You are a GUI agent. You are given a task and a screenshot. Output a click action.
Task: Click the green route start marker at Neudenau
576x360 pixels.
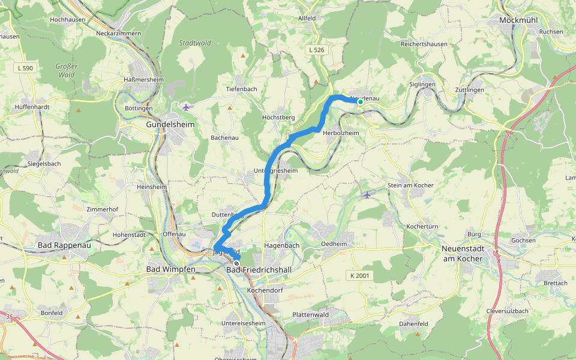coord(361,102)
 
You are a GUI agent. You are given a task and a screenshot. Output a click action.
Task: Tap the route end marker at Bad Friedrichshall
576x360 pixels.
coord(237,263)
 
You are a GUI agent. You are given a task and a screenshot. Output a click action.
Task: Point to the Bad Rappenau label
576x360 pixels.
coord(62,245)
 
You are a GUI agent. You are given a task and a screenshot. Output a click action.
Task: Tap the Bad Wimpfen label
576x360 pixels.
coord(171,270)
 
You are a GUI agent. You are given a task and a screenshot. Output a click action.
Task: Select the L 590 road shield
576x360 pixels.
coord(26,68)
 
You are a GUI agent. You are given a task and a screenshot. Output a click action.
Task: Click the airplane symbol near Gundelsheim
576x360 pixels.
coord(187,107)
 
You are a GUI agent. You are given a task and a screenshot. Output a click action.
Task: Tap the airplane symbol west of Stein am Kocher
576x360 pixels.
coord(367,195)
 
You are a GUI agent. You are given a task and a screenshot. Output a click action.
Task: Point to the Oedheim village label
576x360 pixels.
coord(334,244)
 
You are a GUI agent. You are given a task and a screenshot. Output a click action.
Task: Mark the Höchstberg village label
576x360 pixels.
coord(279,117)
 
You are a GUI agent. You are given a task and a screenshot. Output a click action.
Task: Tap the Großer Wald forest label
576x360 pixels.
coord(67,70)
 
